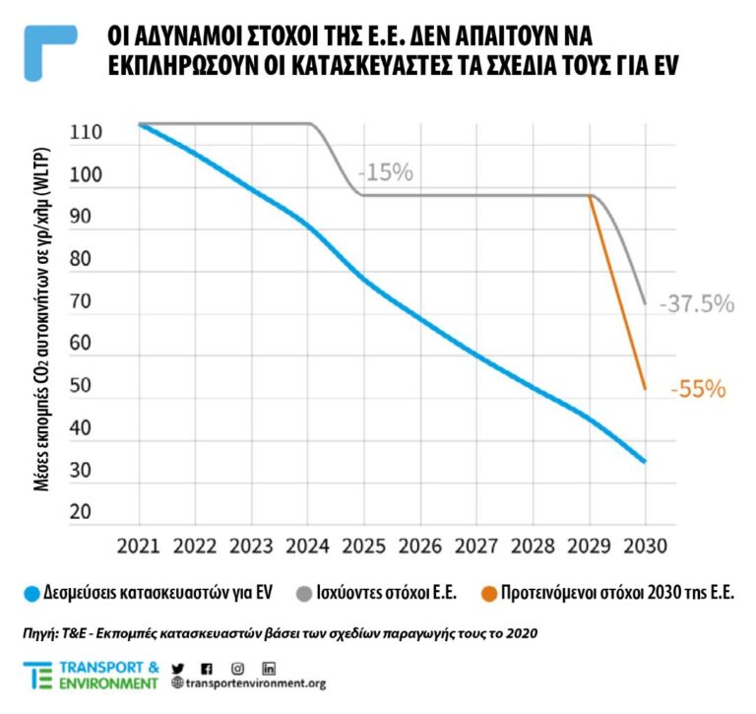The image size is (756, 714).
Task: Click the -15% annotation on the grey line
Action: coord(386,172)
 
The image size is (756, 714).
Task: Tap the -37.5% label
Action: coord(697,303)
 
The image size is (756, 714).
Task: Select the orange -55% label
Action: coord(698,390)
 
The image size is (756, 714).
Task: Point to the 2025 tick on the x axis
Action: coord(363,545)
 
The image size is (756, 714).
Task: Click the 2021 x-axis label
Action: coord(139,545)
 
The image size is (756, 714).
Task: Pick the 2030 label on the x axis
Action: coord(645,545)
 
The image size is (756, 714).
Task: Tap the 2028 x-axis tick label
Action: coord(533,545)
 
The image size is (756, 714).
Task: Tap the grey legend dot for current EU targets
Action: coord(301,594)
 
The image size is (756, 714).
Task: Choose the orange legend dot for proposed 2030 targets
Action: coord(488,594)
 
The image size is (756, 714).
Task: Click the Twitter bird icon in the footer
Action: coord(178,668)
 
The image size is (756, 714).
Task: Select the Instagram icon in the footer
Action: coord(237,668)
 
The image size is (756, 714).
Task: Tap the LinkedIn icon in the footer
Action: coord(269,668)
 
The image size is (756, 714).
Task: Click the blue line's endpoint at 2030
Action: coord(645,461)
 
